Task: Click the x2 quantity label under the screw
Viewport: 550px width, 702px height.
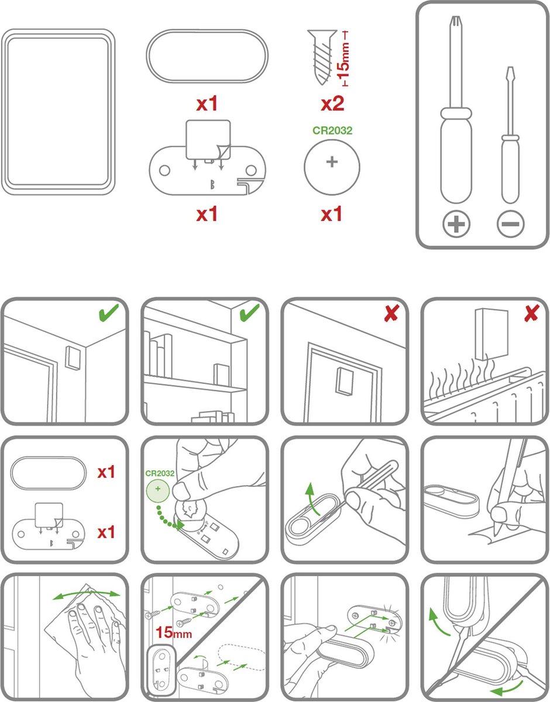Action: click(332, 104)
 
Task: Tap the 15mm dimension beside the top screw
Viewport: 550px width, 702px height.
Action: click(343, 58)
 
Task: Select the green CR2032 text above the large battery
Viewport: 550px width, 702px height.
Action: click(332, 130)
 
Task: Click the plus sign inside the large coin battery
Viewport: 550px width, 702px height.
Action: click(332, 161)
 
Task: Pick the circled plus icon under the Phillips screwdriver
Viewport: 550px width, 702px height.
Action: click(456, 224)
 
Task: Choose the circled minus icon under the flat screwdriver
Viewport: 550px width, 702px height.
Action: click(510, 224)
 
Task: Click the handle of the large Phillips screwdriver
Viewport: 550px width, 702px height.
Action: click(456, 156)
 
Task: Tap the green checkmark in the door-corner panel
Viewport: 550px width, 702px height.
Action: click(109, 312)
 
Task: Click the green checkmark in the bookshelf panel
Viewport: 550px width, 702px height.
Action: click(250, 312)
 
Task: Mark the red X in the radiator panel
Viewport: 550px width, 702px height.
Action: click(532, 313)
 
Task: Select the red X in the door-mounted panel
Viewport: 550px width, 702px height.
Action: click(392, 313)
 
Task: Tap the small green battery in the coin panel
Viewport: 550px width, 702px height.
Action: click(157, 490)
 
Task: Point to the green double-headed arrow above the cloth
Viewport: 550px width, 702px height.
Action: click(86, 594)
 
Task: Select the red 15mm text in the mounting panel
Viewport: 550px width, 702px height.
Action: click(174, 632)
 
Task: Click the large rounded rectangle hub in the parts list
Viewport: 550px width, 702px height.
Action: click(58, 112)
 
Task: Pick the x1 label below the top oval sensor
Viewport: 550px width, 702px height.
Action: click(207, 104)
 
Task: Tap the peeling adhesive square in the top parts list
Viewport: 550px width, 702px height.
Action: click(208, 140)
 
